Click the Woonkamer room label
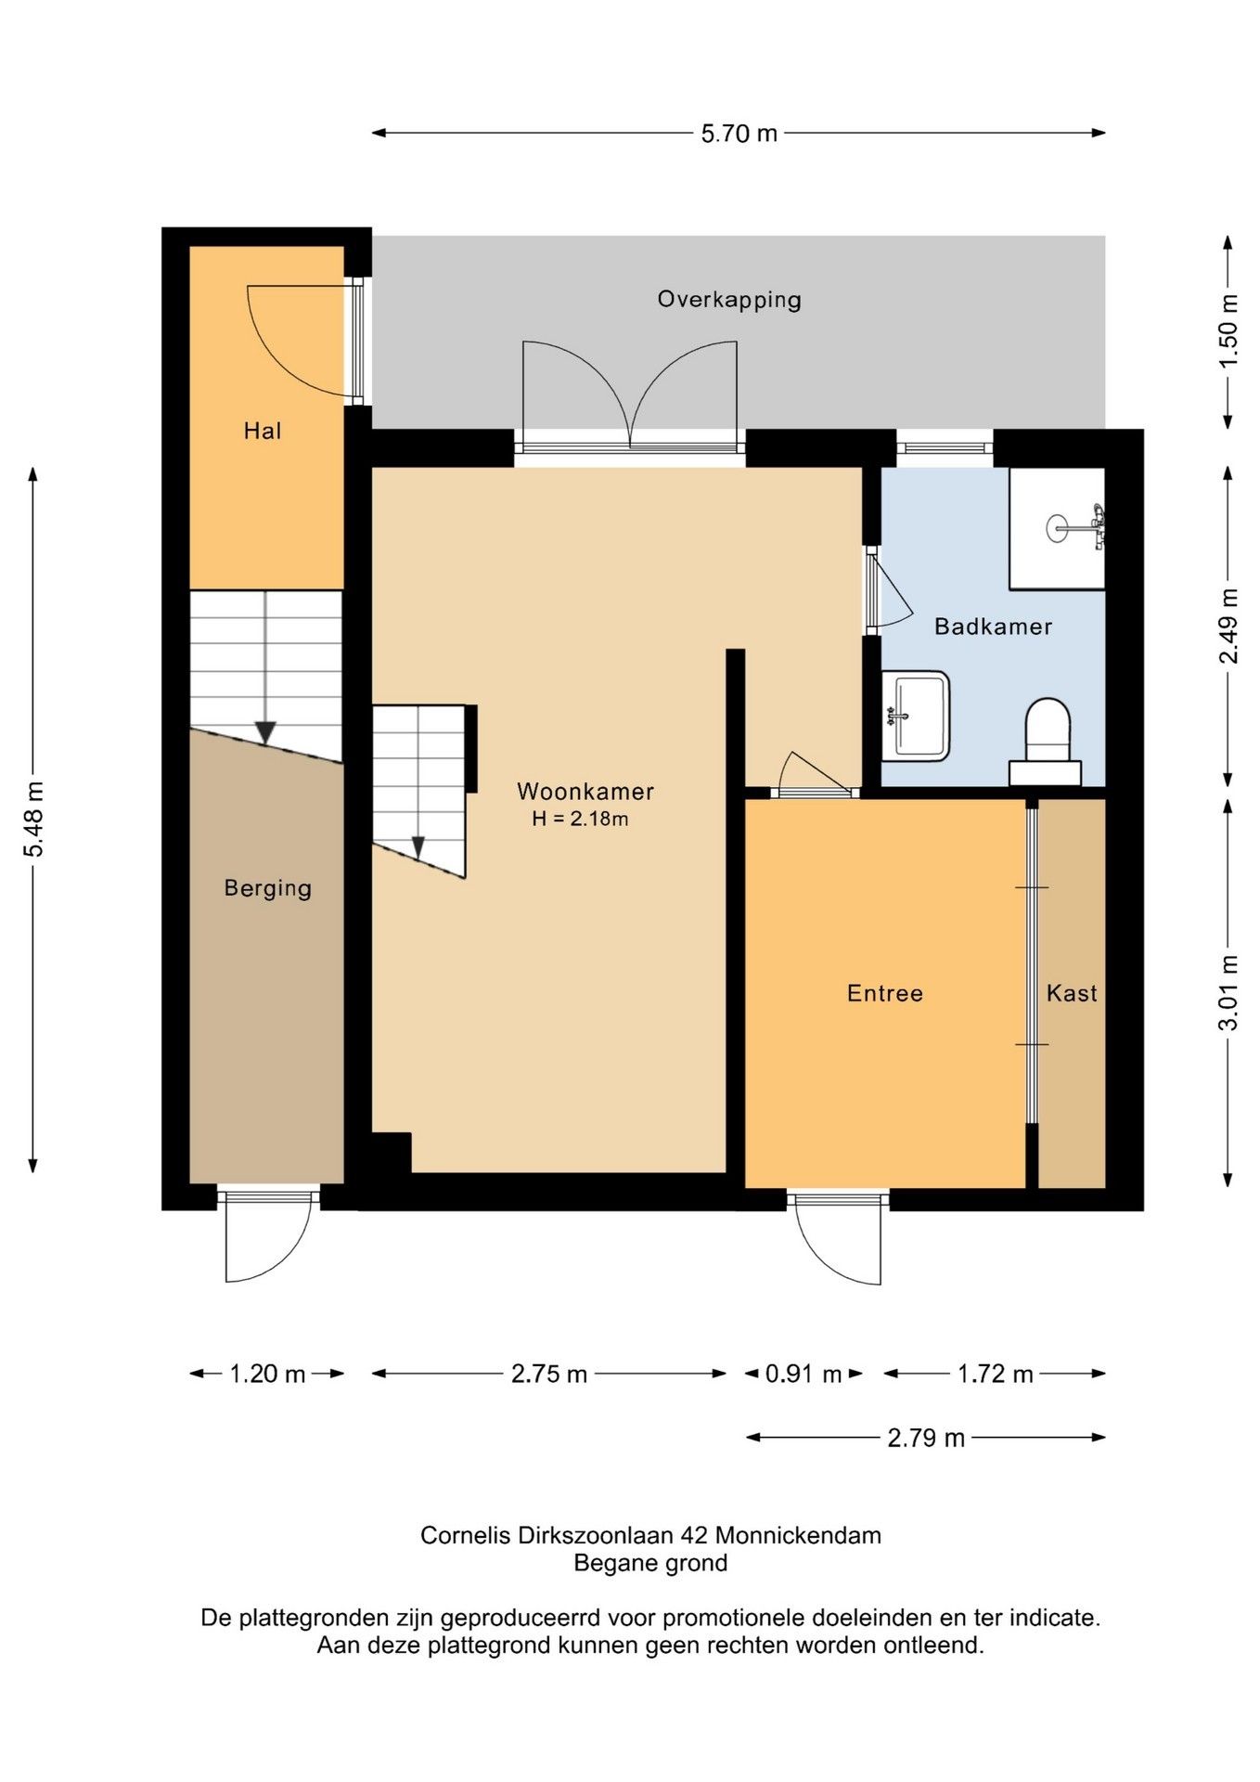point(585,792)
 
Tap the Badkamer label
point(993,626)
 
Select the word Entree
point(885,993)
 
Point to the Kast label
point(1072,993)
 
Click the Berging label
point(268,889)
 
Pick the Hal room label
point(263,431)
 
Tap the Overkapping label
point(729,301)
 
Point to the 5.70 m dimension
point(739,134)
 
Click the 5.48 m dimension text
point(33,820)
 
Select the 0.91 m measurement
point(804,1374)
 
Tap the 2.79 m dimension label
point(926,1438)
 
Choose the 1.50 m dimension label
point(1228,331)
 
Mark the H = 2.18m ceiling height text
point(580,819)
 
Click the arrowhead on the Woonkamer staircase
point(418,847)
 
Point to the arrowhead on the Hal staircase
point(265,732)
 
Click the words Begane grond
point(650,1563)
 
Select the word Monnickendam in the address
point(798,1535)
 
